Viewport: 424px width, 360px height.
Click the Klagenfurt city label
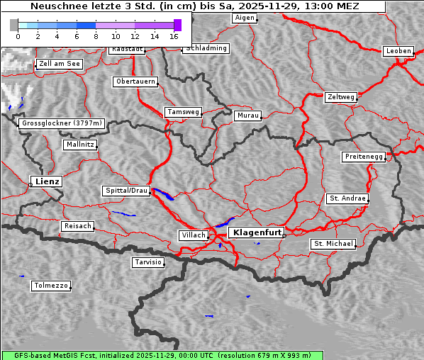[258, 232]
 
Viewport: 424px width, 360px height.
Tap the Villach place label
[193, 235]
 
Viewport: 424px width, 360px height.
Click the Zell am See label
[60, 64]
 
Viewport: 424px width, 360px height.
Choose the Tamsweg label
[184, 112]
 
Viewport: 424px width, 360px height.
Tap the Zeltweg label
[340, 96]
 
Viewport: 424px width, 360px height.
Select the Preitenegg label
[364, 157]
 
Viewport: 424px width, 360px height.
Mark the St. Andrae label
[347, 198]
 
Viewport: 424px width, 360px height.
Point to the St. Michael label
[333, 244]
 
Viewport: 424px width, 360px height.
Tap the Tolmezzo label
[51, 286]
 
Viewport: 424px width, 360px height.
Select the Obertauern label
[135, 81]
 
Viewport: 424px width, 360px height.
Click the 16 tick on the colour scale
[174, 35]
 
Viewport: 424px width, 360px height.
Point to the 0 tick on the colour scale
[18, 35]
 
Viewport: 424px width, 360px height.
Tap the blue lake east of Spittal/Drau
[162, 194]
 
